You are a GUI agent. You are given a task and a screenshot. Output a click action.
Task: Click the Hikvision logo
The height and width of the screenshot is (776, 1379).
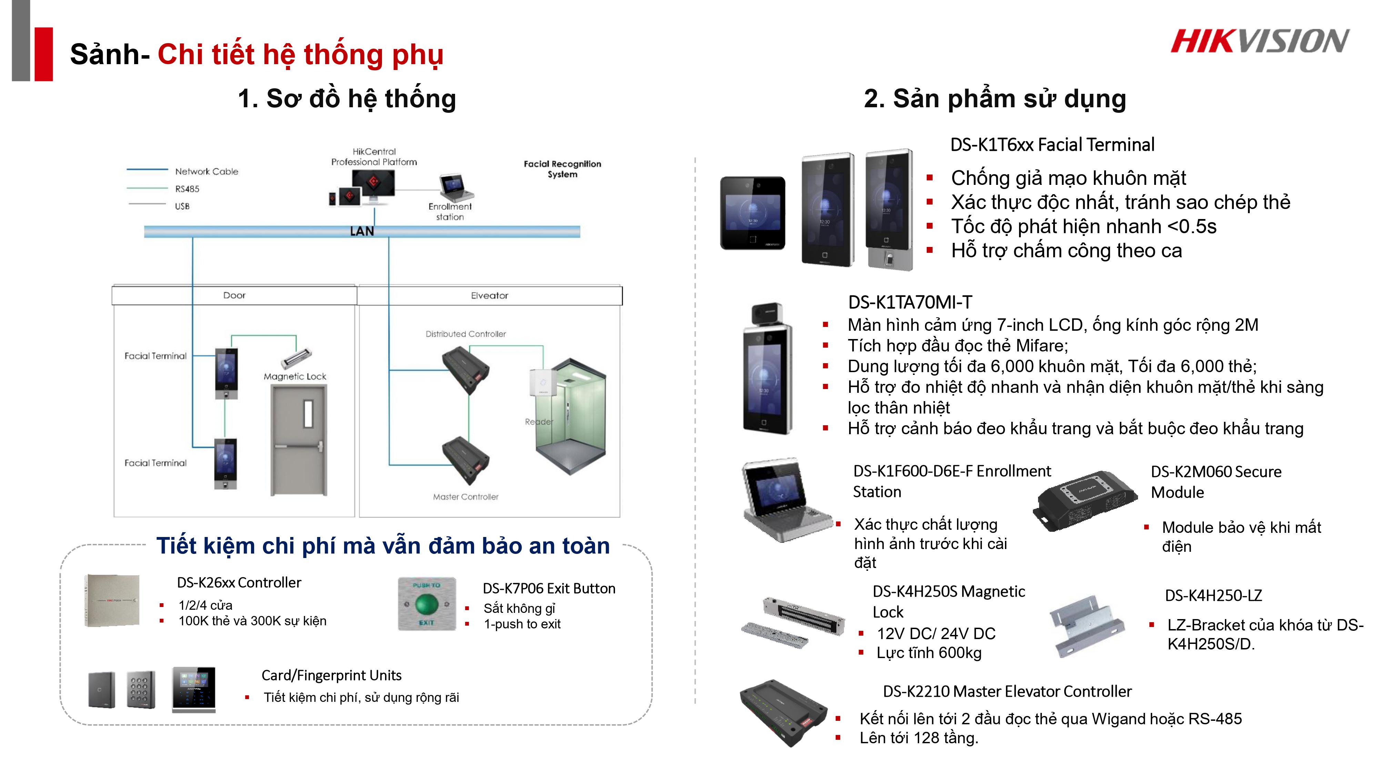(1260, 41)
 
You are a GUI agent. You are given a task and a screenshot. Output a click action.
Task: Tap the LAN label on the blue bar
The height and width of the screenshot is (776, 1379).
(362, 231)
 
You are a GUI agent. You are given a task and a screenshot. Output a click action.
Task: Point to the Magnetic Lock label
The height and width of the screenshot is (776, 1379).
(295, 377)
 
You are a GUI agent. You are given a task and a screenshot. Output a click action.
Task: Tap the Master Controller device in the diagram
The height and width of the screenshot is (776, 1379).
(465, 460)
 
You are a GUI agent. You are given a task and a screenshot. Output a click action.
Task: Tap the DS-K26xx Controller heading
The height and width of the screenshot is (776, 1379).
(239, 583)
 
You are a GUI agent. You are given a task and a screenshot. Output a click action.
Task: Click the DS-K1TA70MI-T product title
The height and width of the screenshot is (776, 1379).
(910, 302)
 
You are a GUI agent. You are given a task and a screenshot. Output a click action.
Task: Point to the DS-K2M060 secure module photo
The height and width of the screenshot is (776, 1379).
(1085, 501)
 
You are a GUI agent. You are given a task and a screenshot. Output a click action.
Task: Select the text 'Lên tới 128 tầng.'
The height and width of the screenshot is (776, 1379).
(919, 738)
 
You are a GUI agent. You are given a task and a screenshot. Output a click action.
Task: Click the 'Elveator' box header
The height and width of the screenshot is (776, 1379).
(489, 296)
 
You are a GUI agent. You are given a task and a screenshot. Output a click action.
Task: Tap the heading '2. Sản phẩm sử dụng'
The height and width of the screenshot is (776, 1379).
(995, 99)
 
